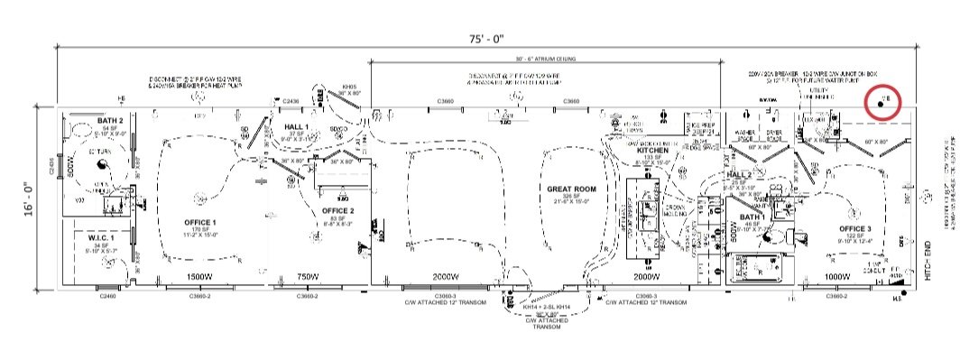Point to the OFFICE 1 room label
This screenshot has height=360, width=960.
coord(200,222)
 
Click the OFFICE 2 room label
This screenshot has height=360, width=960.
coord(339,210)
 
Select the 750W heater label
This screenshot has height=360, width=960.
coord(309,276)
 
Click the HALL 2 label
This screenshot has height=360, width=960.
coord(740,174)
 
